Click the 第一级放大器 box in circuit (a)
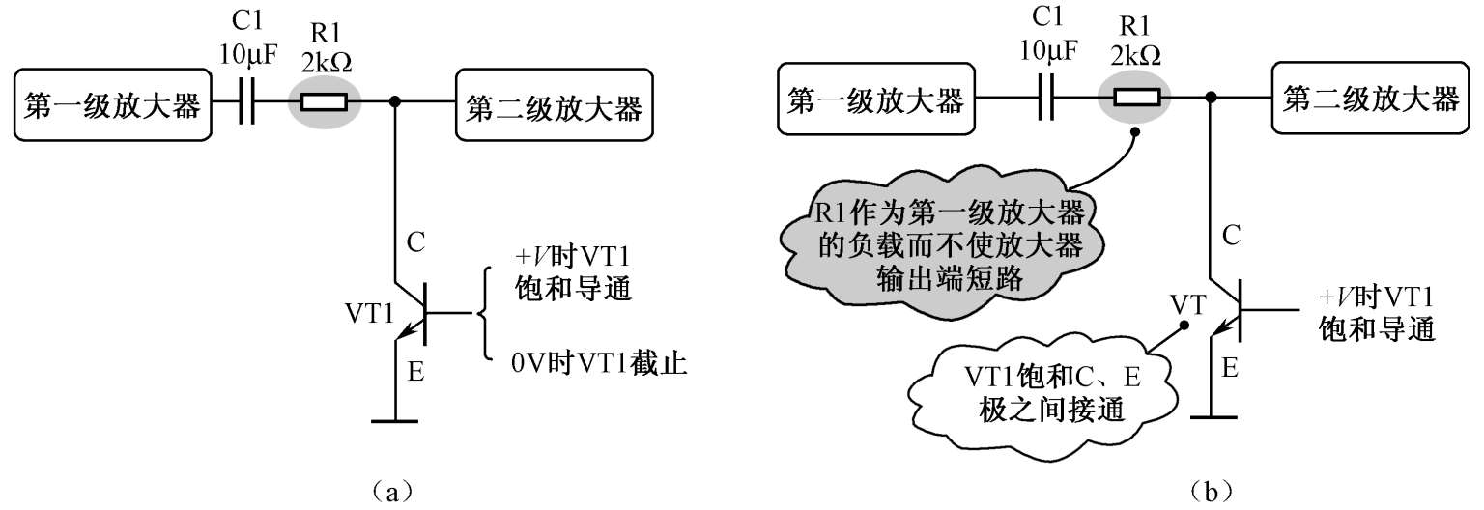(x=113, y=104)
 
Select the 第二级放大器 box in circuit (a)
(x=554, y=104)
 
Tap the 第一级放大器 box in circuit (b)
(x=876, y=99)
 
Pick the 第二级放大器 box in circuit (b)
(x=1371, y=98)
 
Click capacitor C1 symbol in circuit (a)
(x=246, y=102)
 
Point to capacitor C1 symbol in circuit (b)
(x=1046, y=98)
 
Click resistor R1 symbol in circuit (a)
(x=324, y=102)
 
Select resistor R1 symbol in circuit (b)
(x=1136, y=98)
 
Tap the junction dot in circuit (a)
(x=395, y=102)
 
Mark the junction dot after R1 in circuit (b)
(x=1211, y=98)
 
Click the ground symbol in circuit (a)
(x=395, y=420)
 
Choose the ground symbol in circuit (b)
(x=1213, y=416)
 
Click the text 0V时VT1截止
(x=599, y=363)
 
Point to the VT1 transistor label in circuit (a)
(x=370, y=313)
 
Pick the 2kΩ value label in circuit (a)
(x=327, y=62)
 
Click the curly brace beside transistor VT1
(x=483, y=313)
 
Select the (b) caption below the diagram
(x=1212, y=492)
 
